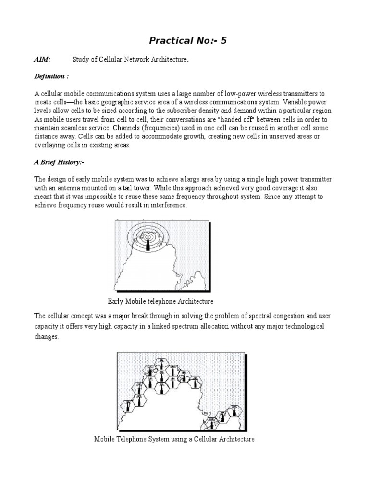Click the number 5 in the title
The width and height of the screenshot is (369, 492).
pyautogui.click(x=223, y=41)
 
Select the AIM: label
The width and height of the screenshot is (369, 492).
pyautogui.click(x=42, y=60)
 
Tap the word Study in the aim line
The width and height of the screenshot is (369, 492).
pyautogui.click(x=81, y=60)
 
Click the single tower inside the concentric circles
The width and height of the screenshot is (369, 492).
pyautogui.click(x=148, y=242)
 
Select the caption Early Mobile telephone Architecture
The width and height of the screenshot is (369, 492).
pyautogui.click(x=160, y=301)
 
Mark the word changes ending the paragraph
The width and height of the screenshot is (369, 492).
pyautogui.click(x=46, y=337)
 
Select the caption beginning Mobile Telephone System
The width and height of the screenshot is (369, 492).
pyautogui.click(x=174, y=439)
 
